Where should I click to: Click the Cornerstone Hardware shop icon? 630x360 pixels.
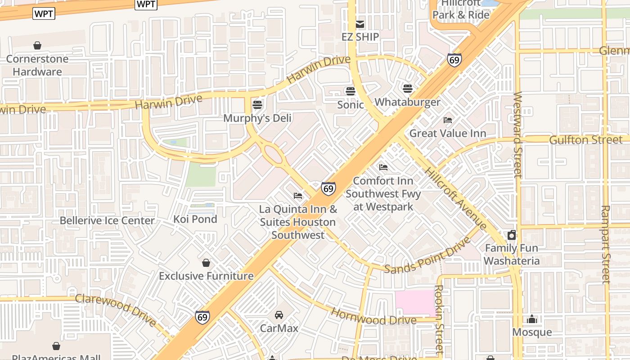point(37,45)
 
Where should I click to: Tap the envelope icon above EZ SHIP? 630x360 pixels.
point(360,24)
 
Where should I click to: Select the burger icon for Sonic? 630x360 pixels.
point(351,91)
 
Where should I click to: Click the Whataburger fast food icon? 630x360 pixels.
point(408,89)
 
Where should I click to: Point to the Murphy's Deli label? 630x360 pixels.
point(257,118)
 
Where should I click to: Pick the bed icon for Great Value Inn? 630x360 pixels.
point(448,120)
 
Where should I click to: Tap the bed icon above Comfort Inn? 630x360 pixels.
point(383,167)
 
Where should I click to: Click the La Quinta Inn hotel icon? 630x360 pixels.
point(298,196)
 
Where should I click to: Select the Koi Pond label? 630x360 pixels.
point(195,219)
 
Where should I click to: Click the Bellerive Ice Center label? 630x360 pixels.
point(107,220)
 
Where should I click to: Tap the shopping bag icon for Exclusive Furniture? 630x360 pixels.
point(206,263)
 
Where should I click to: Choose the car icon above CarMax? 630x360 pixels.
point(279,315)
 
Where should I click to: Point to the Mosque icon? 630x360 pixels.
point(532,319)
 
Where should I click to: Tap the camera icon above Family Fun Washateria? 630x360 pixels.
point(512,235)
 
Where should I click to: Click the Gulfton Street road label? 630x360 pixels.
point(585,140)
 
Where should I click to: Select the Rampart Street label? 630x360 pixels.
point(605,244)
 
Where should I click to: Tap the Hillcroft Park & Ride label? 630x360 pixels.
point(461,10)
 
